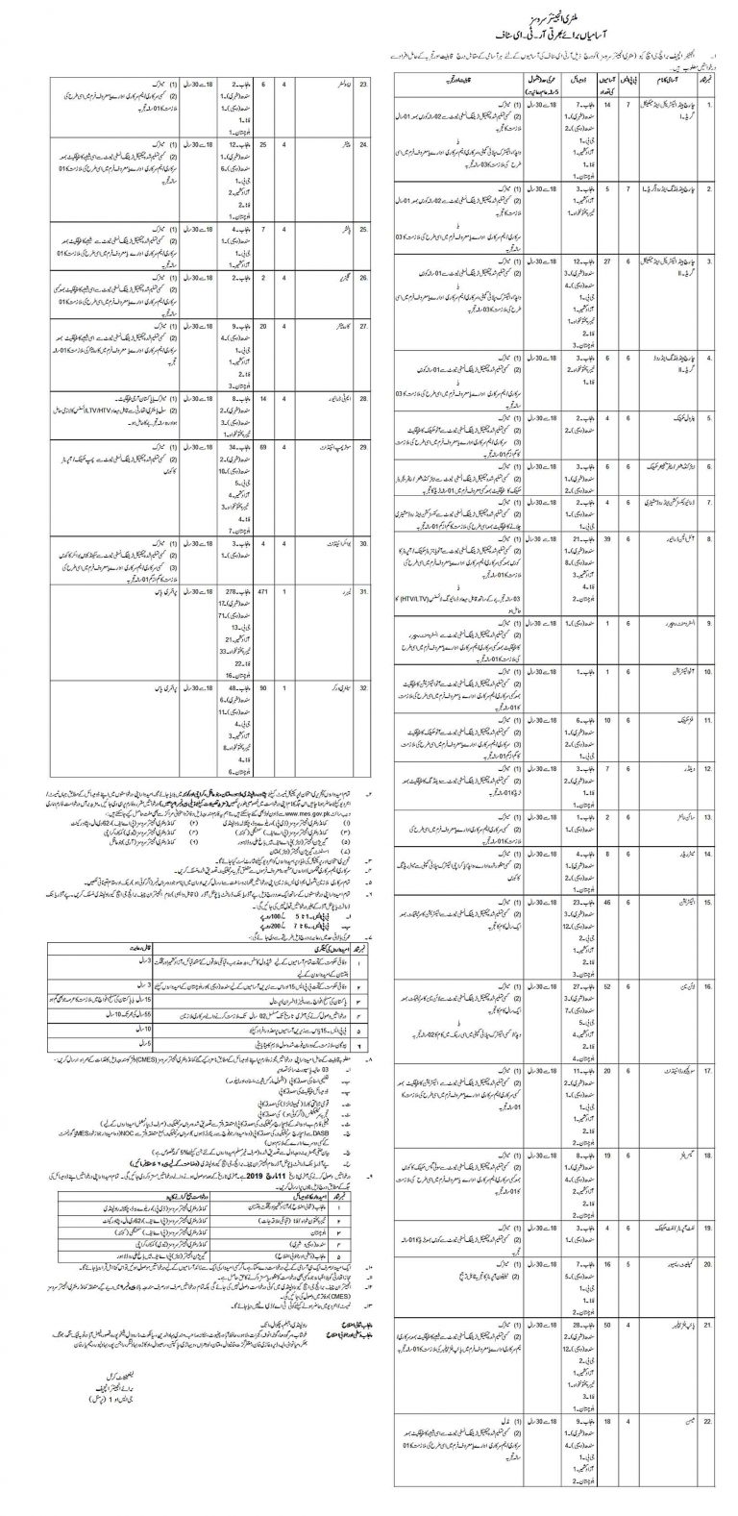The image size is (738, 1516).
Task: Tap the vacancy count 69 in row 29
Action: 264,448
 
